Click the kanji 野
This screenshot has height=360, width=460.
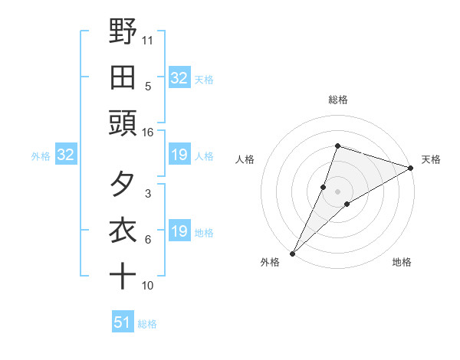click(123, 32)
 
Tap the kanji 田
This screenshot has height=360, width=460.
click(123, 78)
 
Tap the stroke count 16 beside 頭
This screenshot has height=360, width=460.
click(148, 133)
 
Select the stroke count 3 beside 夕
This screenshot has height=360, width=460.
click(148, 194)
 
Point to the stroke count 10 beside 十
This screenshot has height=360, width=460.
click(148, 286)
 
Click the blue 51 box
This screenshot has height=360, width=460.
click(122, 323)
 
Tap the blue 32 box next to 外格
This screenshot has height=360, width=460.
click(65, 155)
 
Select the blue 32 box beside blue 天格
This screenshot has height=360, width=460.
click(179, 78)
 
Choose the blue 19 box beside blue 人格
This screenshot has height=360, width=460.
click(179, 155)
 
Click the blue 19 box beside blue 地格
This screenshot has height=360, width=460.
click(179, 232)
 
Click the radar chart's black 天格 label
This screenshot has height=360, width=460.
click(431, 159)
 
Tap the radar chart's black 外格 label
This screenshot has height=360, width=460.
click(271, 262)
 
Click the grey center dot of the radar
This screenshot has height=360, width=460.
click(337, 191)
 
